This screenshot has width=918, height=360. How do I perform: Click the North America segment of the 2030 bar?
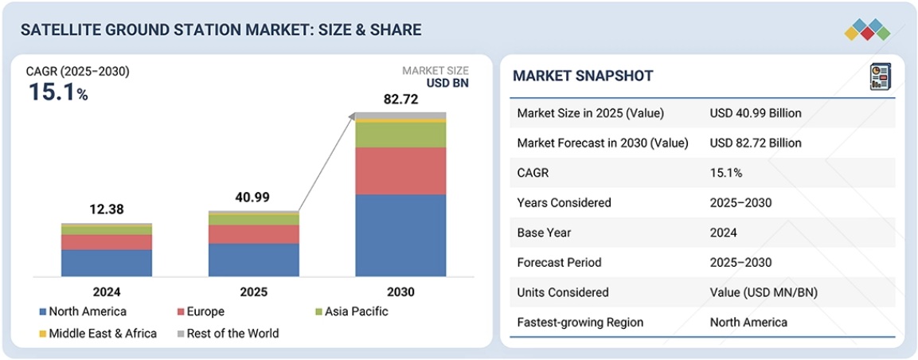coord(400,235)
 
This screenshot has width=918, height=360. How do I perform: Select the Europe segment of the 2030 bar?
coord(400,170)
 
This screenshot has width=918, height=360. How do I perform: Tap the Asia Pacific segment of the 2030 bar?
coord(400,135)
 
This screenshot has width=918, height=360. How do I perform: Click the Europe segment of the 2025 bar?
coord(253,233)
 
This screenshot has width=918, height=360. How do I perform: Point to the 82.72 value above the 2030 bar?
coord(400,100)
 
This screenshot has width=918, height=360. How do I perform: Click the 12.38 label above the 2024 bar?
coord(106,209)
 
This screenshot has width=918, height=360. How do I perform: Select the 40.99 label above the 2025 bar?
coord(253,196)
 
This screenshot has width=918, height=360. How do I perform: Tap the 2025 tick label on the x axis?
coord(253,292)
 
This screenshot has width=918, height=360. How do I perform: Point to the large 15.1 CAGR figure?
coord(52,92)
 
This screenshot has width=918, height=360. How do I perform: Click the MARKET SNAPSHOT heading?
coord(583,76)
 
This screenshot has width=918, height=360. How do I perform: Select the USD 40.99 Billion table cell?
coord(755,113)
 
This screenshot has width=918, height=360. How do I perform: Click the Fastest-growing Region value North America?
coord(748,322)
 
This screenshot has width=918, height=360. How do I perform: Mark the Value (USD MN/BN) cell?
coord(763,292)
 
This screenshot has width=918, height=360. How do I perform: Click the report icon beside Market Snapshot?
coord(880,76)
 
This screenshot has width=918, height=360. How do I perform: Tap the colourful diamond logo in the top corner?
coord(866,30)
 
